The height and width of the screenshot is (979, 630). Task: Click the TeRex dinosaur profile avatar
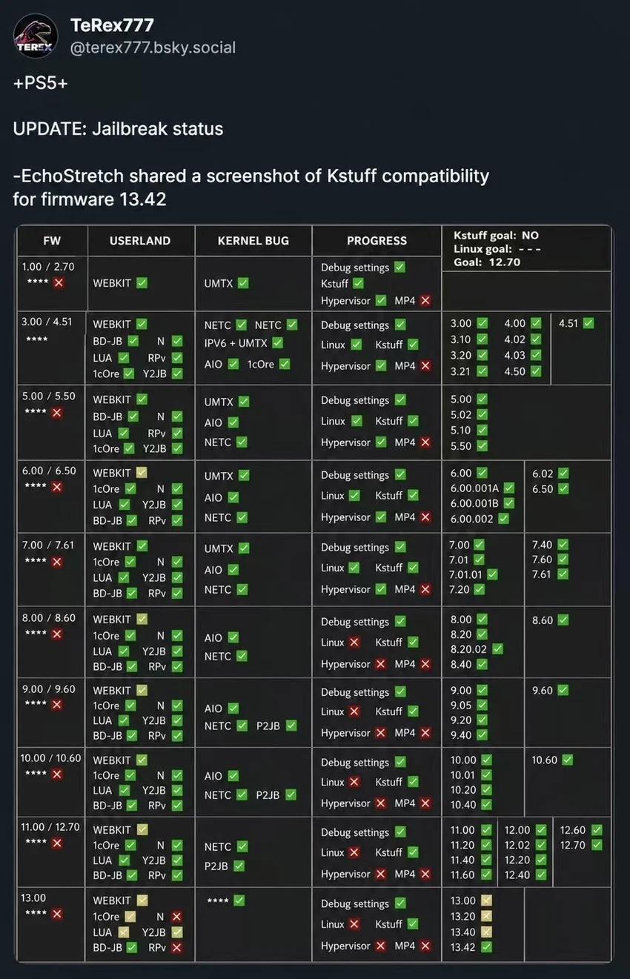pyautogui.click(x=36, y=36)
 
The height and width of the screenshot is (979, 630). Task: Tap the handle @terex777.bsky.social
pyautogui.click(x=153, y=47)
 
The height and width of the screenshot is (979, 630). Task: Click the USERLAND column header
pyautogui.click(x=140, y=241)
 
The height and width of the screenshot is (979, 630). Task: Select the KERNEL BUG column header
pyautogui.click(x=253, y=241)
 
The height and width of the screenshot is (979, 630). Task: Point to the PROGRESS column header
pyautogui.click(x=377, y=241)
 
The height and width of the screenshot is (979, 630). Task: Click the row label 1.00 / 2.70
pyautogui.click(x=48, y=267)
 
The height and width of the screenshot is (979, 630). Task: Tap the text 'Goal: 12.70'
pyautogui.click(x=487, y=262)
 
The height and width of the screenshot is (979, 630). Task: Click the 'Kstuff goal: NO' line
pyautogui.click(x=497, y=236)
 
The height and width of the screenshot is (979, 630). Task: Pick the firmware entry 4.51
pyautogui.click(x=568, y=323)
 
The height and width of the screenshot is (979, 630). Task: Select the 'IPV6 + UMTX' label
pyautogui.click(x=236, y=344)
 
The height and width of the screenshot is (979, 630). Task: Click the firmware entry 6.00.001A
pyautogui.click(x=475, y=488)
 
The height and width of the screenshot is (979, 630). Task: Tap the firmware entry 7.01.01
pyautogui.click(x=465, y=574)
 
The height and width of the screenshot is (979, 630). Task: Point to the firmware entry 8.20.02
pyautogui.click(x=468, y=649)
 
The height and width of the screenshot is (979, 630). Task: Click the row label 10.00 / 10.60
pyautogui.click(x=50, y=758)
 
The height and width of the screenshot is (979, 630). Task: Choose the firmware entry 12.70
pyautogui.click(x=573, y=846)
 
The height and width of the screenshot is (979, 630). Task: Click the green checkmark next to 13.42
pyautogui.click(x=486, y=948)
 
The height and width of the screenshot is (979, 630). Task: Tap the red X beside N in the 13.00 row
pyautogui.click(x=176, y=917)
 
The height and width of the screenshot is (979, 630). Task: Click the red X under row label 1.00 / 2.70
pyautogui.click(x=59, y=283)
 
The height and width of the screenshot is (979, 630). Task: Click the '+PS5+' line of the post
pyautogui.click(x=41, y=83)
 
